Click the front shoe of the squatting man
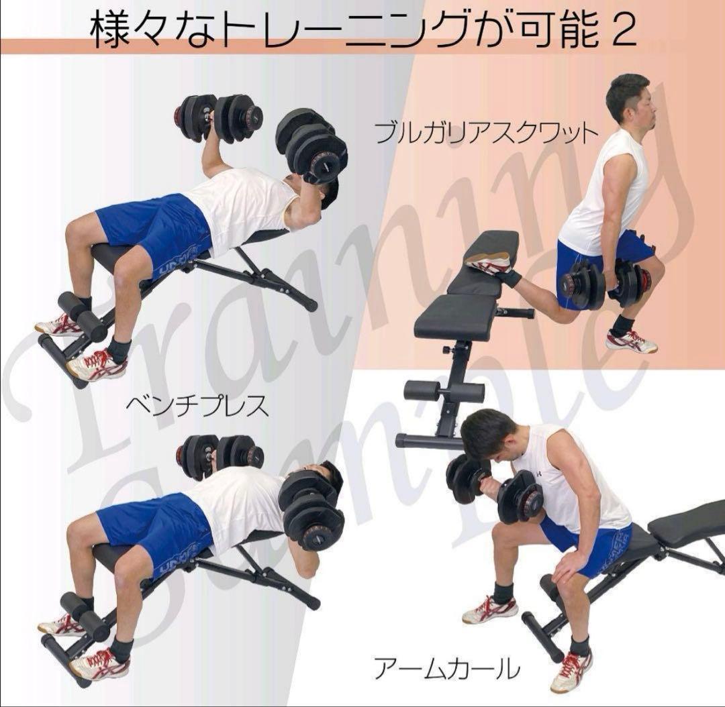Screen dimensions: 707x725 [631, 341]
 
